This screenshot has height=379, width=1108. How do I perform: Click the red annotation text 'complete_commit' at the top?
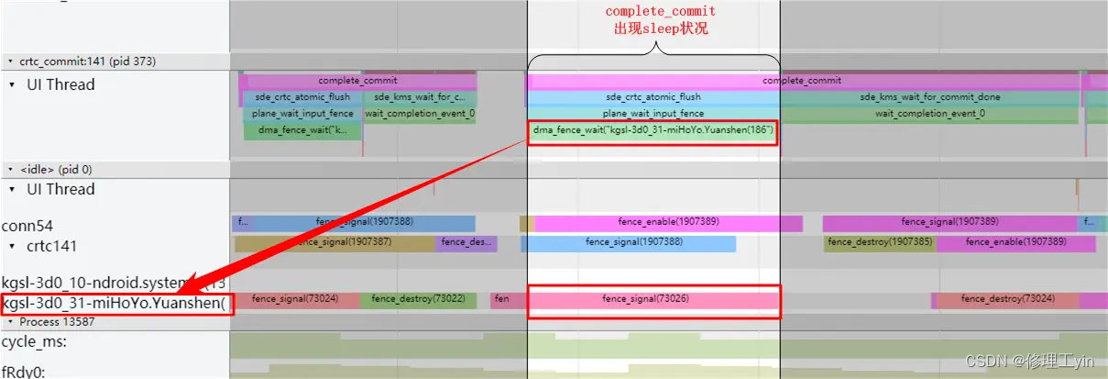(x=660, y=11)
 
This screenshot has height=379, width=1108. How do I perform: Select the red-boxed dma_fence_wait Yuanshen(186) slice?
(x=653, y=130)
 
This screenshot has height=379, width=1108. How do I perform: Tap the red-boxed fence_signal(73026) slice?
(x=653, y=299)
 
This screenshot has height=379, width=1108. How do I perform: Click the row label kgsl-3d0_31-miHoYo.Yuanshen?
(x=115, y=304)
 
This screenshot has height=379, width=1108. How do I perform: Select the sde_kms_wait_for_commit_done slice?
(x=929, y=97)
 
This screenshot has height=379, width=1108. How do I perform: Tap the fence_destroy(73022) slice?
(x=418, y=299)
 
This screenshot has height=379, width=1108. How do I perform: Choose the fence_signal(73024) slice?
(x=295, y=299)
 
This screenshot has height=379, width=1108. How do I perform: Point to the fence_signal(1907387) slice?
(x=335, y=242)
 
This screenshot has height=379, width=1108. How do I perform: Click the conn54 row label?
(x=27, y=225)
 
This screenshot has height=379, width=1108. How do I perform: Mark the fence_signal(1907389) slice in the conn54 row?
(x=949, y=222)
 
